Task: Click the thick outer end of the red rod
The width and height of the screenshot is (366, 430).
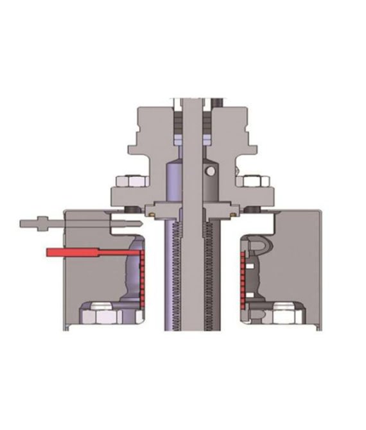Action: [64, 253]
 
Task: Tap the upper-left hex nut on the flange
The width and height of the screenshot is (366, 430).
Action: [124, 182]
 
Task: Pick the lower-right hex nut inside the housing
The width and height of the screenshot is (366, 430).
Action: [280, 313]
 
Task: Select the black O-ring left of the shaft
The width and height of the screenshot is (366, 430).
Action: [130, 210]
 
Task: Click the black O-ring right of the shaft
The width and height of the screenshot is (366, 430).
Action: [252, 210]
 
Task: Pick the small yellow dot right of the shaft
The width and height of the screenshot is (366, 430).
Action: [229, 209]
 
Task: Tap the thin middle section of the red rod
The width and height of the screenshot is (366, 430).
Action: [116, 253]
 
